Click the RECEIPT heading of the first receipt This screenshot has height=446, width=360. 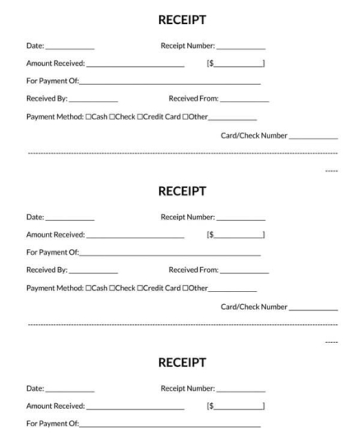click(180, 16)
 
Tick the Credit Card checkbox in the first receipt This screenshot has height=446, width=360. click(140, 116)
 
